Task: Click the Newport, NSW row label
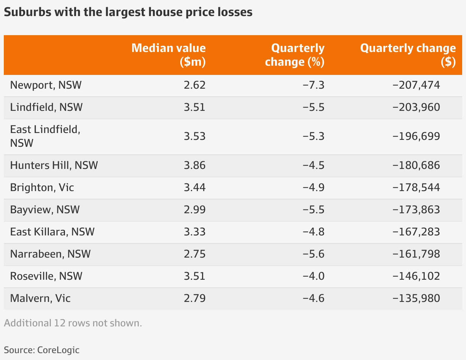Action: (x=46, y=85)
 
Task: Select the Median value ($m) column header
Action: (x=168, y=55)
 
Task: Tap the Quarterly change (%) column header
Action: (x=294, y=55)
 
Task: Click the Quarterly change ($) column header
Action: (x=408, y=55)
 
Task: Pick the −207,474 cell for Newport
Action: (x=416, y=85)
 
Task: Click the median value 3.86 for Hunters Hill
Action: (x=194, y=165)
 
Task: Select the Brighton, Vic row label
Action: (x=42, y=187)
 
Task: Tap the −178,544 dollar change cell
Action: (x=416, y=187)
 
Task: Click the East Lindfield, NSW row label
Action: (x=45, y=136)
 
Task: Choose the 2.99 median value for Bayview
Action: (x=194, y=209)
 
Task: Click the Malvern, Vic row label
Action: (x=40, y=298)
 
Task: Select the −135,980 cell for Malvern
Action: (x=416, y=298)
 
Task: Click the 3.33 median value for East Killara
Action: (x=194, y=232)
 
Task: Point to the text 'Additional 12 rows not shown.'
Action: (x=73, y=323)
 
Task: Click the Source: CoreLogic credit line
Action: (x=42, y=350)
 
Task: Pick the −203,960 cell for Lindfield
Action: (x=416, y=107)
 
